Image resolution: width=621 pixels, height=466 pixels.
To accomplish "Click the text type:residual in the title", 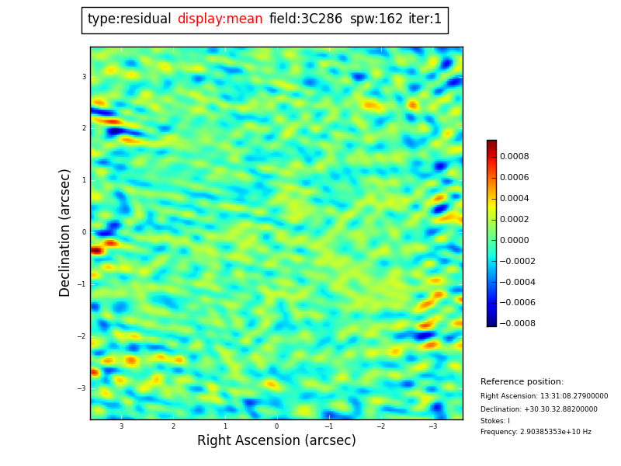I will click(x=129, y=19).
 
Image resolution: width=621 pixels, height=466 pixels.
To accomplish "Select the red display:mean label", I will click(x=220, y=19).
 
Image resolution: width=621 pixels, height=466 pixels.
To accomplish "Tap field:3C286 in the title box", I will click(x=306, y=19).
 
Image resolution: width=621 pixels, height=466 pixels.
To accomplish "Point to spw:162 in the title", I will click(x=376, y=19).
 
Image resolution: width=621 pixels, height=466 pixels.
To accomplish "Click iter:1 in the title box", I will click(x=425, y=19).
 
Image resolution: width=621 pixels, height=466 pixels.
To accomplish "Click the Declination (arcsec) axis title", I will click(x=65, y=232).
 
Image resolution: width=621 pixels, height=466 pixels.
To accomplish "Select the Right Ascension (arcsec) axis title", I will click(x=276, y=441).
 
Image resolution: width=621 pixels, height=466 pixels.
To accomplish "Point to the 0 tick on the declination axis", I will click(x=83, y=232).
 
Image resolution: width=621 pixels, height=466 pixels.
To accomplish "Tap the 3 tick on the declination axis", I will click(x=84, y=77).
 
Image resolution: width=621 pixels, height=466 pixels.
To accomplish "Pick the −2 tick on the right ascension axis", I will click(x=381, y=426).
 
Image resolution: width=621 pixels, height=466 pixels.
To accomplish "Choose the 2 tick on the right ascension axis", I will click(x=173, y=426).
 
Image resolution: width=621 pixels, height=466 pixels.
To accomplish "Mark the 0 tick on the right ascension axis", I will click(x=276, y=426).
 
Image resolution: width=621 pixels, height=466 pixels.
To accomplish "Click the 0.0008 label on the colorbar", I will click(x=515, y=156).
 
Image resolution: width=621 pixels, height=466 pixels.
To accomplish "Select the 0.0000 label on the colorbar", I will click(x=515, y=240).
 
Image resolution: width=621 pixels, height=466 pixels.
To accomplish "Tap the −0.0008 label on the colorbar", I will click(x=516, y=323).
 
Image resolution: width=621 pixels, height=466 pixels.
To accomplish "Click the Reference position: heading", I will click(x=522, y=382).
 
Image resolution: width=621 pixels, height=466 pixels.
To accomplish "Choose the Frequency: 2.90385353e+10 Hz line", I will click(x=536, y=432).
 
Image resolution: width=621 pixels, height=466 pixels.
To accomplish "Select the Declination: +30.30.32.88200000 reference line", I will click(x=539, y=409).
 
